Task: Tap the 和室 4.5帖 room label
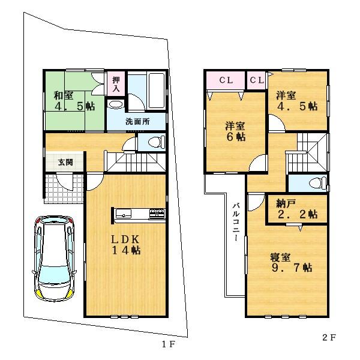pyautogui.click(x=73, y=101)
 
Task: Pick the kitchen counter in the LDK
pyautogui.click(x=139, y=214)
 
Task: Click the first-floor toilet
pyautogui.click(x=155, y=143)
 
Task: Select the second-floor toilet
pyautogui.click(x=316, y=182)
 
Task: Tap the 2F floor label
pyautogui.click(x=328, y=338)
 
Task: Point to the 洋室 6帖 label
pyautogui.click(x=235, y=131)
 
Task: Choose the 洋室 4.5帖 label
pyautogui.click(x=296, y=101)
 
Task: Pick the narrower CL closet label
pyautogui.click(x=257, y=79)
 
